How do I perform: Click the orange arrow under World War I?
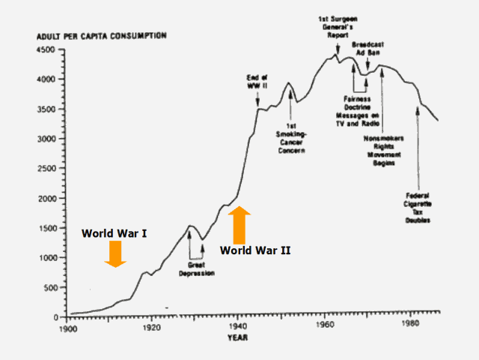tap(115, 253)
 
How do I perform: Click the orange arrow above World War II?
tap(239, 224)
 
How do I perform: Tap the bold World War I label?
tap(114, 232)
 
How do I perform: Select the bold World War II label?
tap(255, 250)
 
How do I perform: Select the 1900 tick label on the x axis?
tap(67, 327)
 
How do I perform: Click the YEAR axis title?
tap(238, 337)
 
